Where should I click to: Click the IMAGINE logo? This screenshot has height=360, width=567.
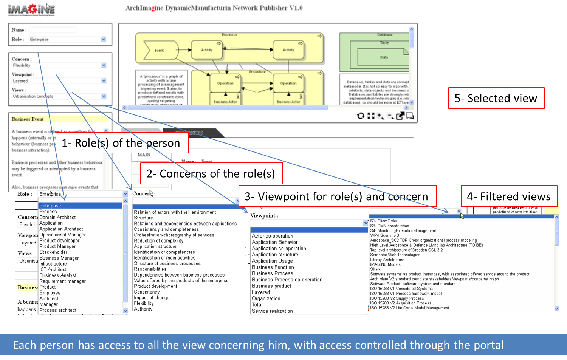(31, 9)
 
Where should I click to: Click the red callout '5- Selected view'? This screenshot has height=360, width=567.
(496, 98)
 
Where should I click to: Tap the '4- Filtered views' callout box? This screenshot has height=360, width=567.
(509, 196)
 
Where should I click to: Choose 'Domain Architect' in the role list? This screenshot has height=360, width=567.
(57, 217)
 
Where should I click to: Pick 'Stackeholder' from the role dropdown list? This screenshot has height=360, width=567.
(53, 252)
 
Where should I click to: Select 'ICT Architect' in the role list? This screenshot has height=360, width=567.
(53, 269)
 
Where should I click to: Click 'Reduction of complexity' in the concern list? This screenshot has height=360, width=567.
(159, 241)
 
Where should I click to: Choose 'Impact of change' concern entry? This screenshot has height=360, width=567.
(152, 297)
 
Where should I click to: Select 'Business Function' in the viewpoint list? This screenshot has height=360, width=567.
(273, 267)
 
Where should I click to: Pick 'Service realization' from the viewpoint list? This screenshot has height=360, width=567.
(272, 311)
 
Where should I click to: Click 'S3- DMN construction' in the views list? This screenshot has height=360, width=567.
(389, 226)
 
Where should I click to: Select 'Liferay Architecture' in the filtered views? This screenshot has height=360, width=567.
(387, 260)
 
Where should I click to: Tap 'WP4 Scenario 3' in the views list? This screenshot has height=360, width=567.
(384, 235)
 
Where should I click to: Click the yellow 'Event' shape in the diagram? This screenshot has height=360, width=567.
(159, 51)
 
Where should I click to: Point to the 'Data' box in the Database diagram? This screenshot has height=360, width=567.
(384, 57)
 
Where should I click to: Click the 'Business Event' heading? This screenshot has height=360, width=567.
(28, 119)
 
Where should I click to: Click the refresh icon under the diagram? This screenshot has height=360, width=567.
(361, 116)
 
